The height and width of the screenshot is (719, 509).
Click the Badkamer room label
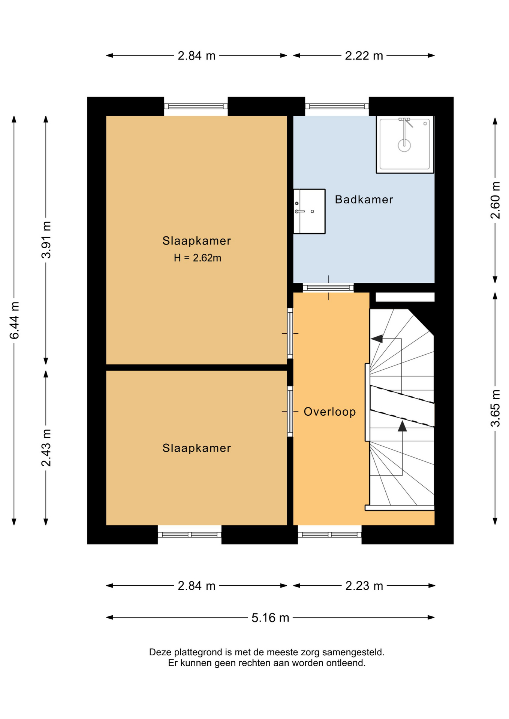click(x=364, y=200)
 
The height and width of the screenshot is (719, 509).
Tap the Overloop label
click(x=329, y=412)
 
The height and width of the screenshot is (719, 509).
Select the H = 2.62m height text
click(x=198, y=258)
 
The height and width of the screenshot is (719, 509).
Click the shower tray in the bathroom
click(x=405, y=145)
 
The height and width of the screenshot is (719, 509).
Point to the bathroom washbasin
click(x=309, y=212)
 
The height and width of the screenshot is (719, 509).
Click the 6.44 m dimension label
click(x=14, y=320)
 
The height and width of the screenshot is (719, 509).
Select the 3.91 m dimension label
click(x=46, y=240)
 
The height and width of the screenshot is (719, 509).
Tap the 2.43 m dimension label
click(x=46, y=448)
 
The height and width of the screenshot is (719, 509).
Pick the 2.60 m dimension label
click(x=495, y=200)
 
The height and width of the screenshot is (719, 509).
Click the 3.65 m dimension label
click(x=495, y=408)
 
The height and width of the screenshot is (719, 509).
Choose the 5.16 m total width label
click(x=270, y=618)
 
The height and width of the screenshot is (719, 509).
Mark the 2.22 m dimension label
click(x=364, y=56)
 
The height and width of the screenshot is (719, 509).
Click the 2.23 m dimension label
click(x=364, y=586)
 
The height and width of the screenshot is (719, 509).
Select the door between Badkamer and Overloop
click(x=328, y=288)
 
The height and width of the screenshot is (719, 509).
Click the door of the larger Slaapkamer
click(x=290, y=333)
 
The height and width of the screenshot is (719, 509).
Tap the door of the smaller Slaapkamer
click(x=290, y=411)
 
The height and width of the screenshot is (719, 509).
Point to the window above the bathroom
click(x=337, y=106)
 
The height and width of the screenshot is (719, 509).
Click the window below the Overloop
click(x=330, y=535)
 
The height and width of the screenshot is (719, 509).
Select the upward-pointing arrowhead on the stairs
click(x=402, y=426)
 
